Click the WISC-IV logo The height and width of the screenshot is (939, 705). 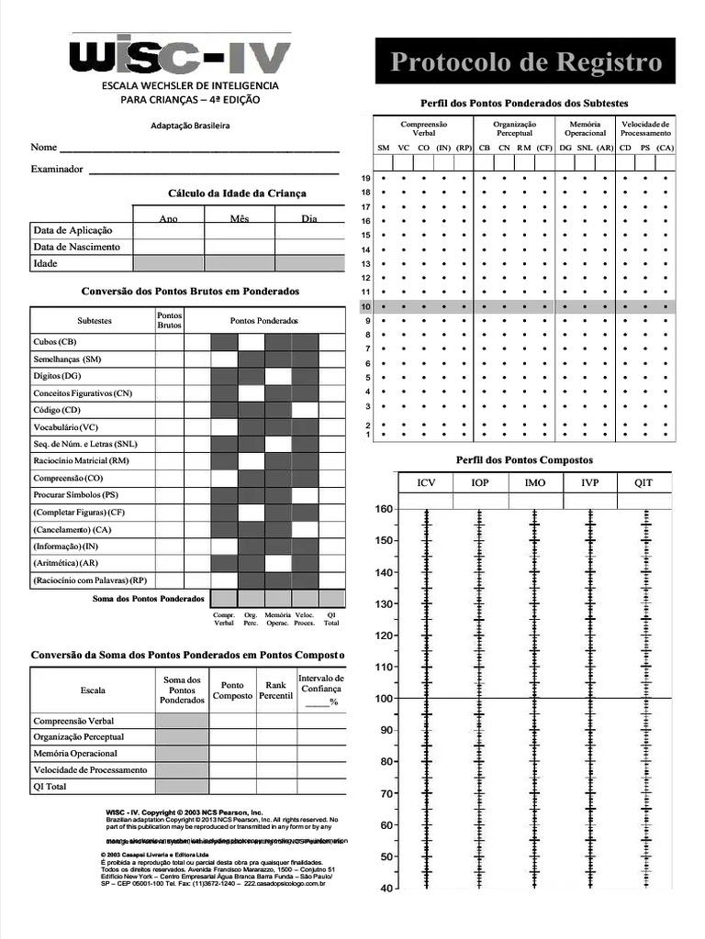(181, 57)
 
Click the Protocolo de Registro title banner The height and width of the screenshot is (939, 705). (525, 61)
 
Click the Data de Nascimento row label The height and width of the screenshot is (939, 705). (77, 247)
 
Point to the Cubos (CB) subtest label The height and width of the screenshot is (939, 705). (55, 341)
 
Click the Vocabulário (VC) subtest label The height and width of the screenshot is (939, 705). (65, 427)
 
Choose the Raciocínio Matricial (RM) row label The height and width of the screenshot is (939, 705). (81, 461)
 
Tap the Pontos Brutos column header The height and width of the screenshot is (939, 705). (169, 320)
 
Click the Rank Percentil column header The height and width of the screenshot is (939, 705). (275, 690)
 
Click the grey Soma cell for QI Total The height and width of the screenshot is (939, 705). (182, 786)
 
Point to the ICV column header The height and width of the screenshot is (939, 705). (426, 482)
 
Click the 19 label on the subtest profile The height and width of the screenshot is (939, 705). (364, 178)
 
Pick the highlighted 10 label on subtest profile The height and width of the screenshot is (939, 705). (365, 306)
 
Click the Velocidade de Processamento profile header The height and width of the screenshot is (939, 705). (645, 127)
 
